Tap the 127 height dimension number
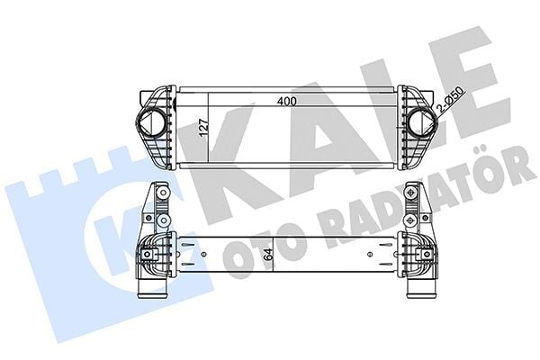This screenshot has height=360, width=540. point(204,132)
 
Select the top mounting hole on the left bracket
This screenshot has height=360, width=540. point(159,192)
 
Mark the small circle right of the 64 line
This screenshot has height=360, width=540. point(368,256)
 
